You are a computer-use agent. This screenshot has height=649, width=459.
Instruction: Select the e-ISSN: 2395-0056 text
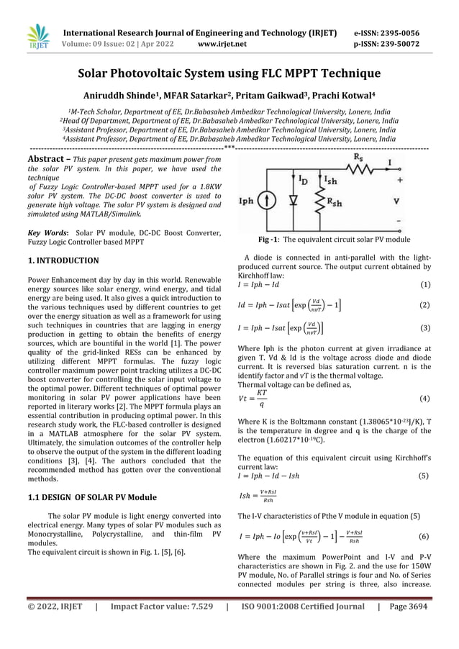[x=396, y=33]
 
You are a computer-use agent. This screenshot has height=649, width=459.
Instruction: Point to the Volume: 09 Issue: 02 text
[x=109, y=44]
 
